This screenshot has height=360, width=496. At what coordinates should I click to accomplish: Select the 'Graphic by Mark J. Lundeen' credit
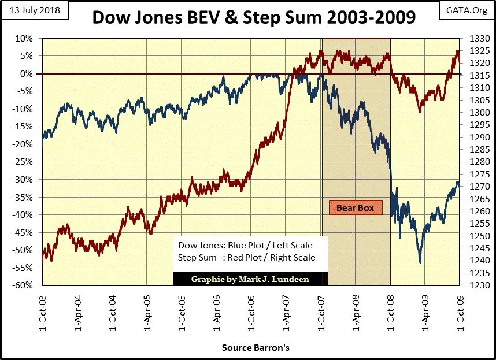point(250,279)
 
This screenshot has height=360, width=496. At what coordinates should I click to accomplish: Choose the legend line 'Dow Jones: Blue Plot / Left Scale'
point(245,246)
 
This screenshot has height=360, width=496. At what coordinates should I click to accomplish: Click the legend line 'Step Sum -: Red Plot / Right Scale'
point(247,258)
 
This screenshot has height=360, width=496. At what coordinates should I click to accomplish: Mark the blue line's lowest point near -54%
point(420,263)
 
